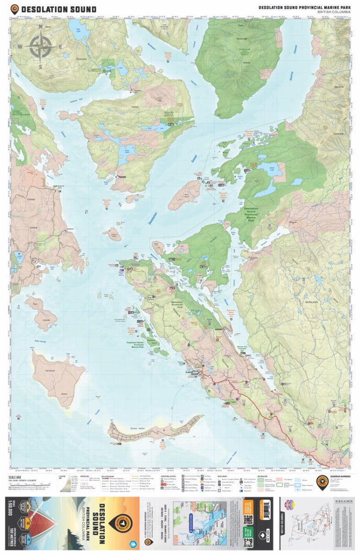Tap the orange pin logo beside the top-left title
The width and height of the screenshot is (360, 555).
[15, 9]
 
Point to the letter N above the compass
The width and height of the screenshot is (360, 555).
[40, 26]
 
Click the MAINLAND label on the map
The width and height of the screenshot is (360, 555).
[311, 301]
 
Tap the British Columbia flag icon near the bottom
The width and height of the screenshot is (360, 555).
[290, 503]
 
